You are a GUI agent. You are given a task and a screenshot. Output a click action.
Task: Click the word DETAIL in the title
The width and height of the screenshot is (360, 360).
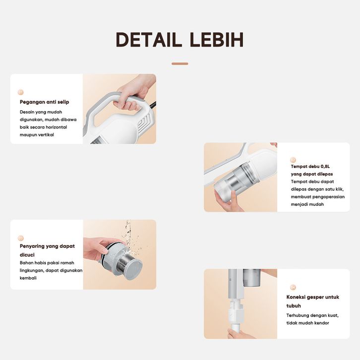click(147, 40)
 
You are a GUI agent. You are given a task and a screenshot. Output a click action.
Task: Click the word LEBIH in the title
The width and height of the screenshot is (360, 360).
click(217, 40)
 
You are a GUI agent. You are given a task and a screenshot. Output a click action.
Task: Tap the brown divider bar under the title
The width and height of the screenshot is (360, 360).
click(180, 63)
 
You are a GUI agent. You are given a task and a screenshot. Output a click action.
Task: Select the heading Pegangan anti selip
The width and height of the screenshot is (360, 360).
click(44, 102)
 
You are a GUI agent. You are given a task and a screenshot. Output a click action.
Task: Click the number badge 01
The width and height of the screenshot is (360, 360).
click(20, 92)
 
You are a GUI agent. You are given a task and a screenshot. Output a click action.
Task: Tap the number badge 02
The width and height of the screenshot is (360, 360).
click(293, 160)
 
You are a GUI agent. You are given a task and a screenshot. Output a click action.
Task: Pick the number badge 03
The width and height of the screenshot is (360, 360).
click(21, 238)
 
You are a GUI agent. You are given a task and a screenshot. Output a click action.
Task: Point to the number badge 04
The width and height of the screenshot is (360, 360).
click(293, 287)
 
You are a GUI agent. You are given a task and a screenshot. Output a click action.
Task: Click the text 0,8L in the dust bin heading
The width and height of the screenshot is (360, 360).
click(325, 167)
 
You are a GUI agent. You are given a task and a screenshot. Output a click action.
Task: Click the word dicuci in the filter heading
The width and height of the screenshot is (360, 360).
click(27, 255)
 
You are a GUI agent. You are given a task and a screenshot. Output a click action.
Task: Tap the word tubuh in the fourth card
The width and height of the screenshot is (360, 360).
click(294, 306)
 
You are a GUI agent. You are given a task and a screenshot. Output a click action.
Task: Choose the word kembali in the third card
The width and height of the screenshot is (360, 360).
click(28, 278)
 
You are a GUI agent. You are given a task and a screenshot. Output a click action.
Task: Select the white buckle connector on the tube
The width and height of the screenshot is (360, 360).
click(236, 313)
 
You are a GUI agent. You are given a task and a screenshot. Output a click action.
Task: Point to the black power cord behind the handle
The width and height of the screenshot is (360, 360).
click(153, 105)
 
